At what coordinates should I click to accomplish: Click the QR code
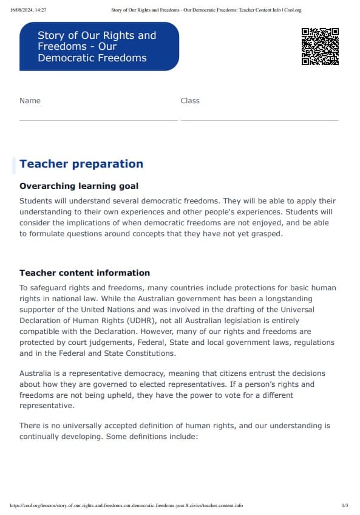[x=320, y=46]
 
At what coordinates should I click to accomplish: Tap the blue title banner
[x=99, y=47]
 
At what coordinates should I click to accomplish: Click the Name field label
[x=30, y=101]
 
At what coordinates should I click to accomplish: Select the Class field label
[x=190, y=101]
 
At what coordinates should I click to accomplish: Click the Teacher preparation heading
[x=81, y=164]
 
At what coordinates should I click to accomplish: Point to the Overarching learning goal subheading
[x=79, y=186]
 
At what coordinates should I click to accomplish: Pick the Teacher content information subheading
[x=84, y=273]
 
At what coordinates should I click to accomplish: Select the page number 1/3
[x=345, y=505]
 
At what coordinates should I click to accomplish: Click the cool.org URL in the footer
[x=127, y=505]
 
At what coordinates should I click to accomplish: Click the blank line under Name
[x=98, y=120]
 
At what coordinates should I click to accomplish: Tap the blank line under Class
[x=259, y=120]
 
